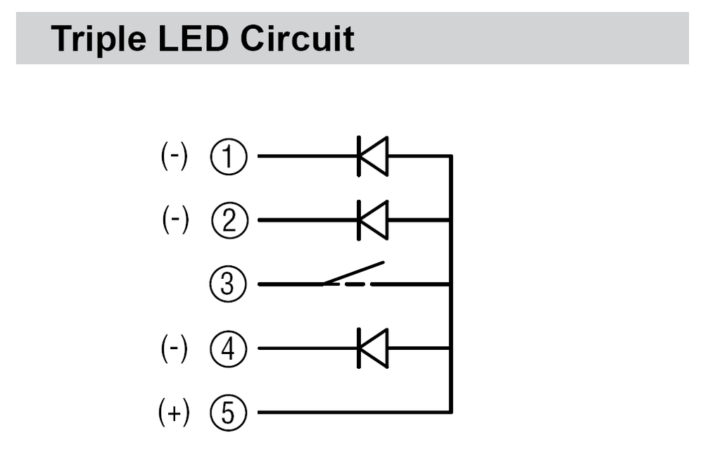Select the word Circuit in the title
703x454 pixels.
click(297, 39)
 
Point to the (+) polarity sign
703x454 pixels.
click(174, 412)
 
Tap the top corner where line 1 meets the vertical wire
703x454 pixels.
click(450, 156)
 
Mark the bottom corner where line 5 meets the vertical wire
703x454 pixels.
click(450, 412)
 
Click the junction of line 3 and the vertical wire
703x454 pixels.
click(450, 284)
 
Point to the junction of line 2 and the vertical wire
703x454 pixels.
click(450, 220)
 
